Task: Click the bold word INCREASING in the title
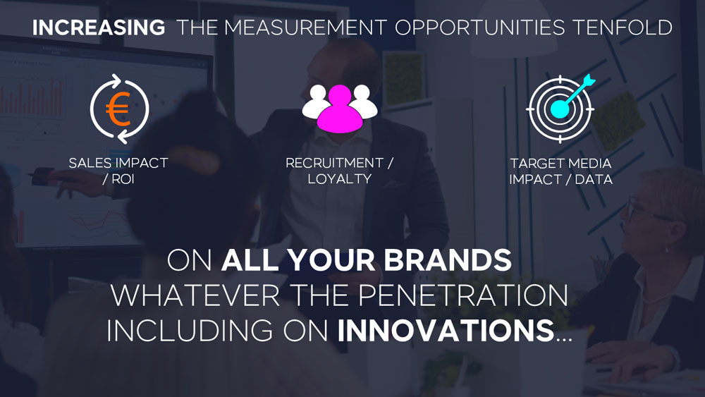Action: point(99,28)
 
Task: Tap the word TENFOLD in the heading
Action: point(623,28)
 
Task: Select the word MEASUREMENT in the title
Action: point(305,28)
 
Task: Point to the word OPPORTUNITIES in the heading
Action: point(479,28)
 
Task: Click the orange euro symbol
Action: point(118,109)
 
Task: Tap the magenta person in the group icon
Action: point(340,109)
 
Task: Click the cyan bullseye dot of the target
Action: point(559,109)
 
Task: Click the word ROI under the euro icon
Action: point(123,179)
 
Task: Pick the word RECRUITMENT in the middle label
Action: point(334,163)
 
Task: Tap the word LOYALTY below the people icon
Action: point(340,179)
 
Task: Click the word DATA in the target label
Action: point(594,179)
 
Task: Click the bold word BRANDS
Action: point(448,260)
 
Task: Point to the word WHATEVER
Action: point(195,295)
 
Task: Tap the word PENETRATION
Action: point(463,295)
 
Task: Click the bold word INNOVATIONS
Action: point(446,331)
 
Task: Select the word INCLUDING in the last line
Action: point(189,331)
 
